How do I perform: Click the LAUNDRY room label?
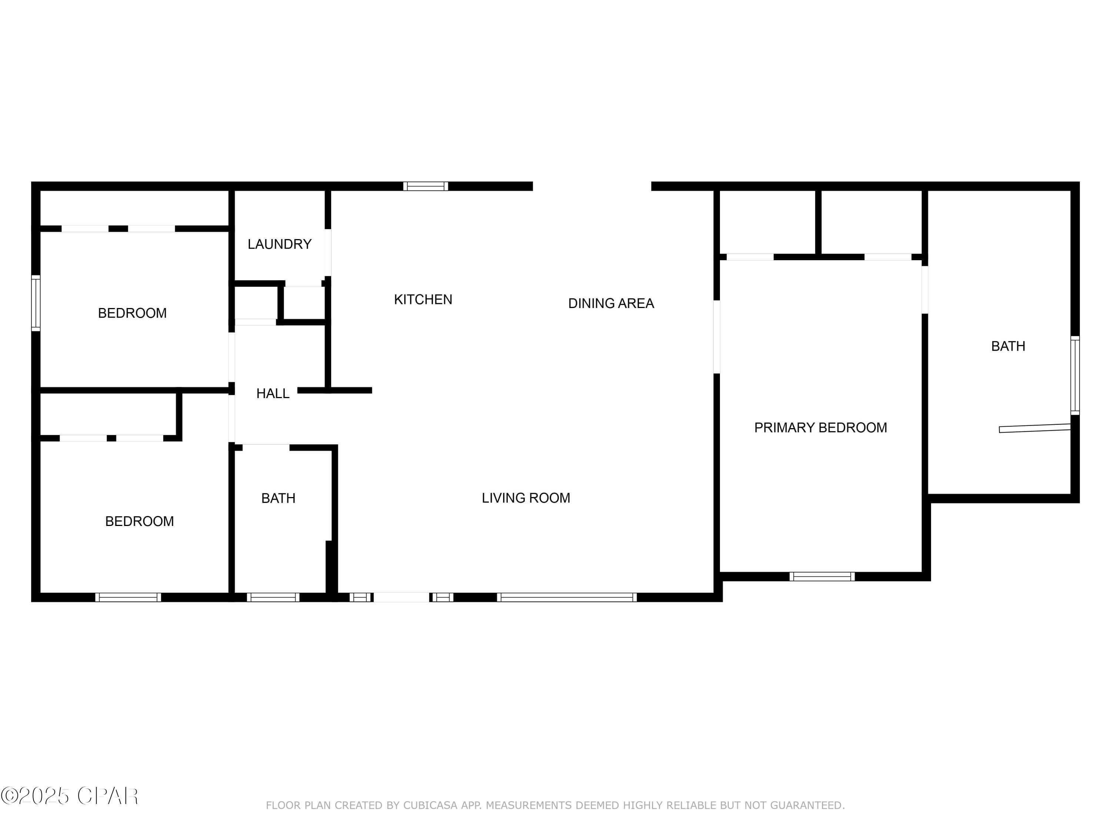click(279, 244)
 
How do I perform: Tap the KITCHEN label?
click(423, 299)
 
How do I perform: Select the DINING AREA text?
click(611, 304)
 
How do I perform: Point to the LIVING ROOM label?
click(526, 498)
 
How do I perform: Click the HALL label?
click(273, 394)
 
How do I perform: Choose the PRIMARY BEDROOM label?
click(820, 428)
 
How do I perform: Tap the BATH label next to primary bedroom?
click(1008, 346)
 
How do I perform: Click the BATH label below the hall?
click(278, 498)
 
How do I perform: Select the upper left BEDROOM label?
click(132, 313)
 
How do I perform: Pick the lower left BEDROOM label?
click(139, 521)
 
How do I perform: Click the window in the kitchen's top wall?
click(426, 186)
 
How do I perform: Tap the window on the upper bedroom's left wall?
click(36, 303)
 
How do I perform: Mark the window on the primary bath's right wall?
click(1074, 375)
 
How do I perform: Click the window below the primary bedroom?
click(822, 577)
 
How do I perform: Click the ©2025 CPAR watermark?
click(70, 796)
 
